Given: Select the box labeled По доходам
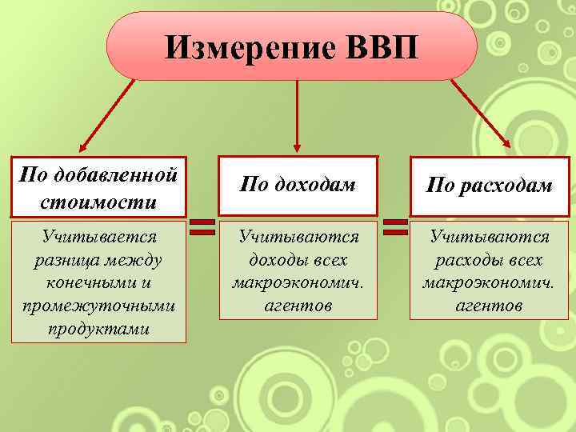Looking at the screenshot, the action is (297, 186).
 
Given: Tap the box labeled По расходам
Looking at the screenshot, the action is (489, 186).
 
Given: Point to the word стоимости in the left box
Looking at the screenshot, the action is (98, 202).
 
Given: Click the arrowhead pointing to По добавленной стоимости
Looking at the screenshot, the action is (82, 147).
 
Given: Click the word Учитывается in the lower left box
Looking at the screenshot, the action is (98, 238).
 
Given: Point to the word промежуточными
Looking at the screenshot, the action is (98, 306).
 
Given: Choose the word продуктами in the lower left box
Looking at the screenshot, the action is (98, 329).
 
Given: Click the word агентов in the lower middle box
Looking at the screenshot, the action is (298, 306).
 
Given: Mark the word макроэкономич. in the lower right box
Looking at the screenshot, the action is (489, 283).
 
